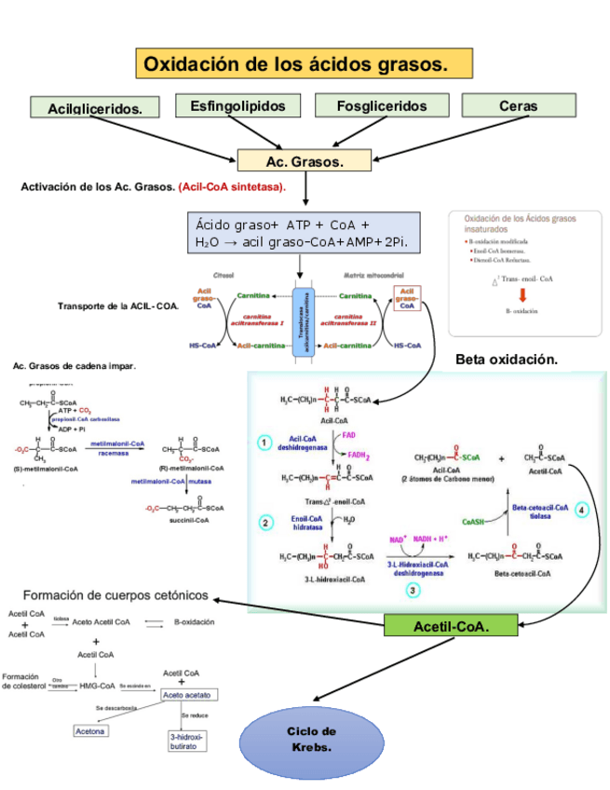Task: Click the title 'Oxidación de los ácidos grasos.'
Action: click(x=305, y=65)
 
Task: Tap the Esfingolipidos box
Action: click(x=238, y=106)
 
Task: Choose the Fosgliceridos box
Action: click(x=382, y=106)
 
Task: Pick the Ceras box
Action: click(x=518, y=106)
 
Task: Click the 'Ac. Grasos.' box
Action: click(x=305, y=161)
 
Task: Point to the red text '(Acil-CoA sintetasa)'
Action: click(x=233, y=187)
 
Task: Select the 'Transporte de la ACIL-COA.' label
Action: click(x=118, y=306)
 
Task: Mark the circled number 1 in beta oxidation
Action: click(x=265, y=443)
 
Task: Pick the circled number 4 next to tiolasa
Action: click(x=582, y=510)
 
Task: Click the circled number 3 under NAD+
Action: click(x=413, y=590)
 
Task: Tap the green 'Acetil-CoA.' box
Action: click(x=451, y=627)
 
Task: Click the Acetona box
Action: click(x=91, y=730)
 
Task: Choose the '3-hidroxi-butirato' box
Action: click(x=187, y=741)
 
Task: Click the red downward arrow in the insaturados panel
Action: click(x=523, y=294)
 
